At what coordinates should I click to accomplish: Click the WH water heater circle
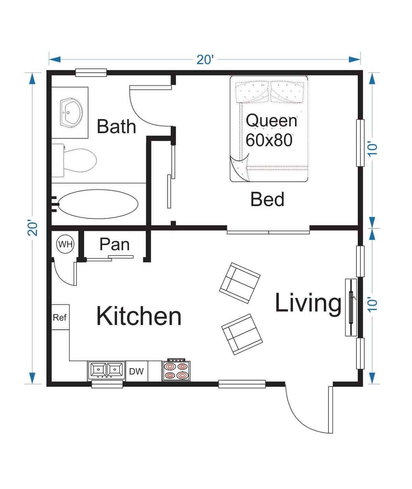(x=65, y=244)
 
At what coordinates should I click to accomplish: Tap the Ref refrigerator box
(x=60, y=317)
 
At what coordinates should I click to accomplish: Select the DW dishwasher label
(x=136, y=371)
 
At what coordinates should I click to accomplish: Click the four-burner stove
(x=176, y=371)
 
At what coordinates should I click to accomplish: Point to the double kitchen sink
(x=106, y=370)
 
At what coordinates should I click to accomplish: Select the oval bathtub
(x=98, y=204)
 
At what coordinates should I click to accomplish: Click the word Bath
(x=116, y=126)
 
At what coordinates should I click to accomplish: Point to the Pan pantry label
(x=114, y=244)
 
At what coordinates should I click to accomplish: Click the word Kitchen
(x=139, y=316)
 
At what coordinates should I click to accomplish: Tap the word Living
(x=308, y=303)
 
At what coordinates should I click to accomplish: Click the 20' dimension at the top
(x=205, y=59)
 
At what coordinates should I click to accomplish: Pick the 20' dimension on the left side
(x=32, y=227)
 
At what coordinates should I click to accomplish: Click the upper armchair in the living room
(x=240, y=283)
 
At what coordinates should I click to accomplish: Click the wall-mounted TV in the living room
(x=351, y=307)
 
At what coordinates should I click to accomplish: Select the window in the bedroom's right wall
(x=360, y=143)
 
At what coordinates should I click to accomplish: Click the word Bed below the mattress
(x=267, y=200)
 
